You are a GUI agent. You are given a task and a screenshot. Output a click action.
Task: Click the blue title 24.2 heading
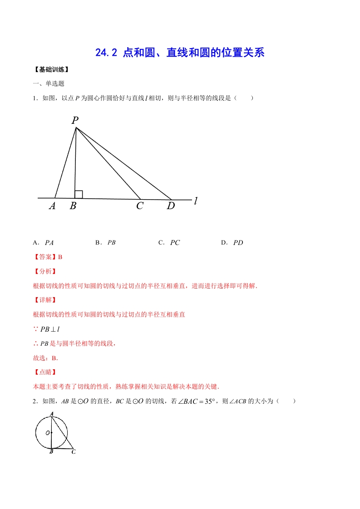pyautogui.click(x=180, y=53)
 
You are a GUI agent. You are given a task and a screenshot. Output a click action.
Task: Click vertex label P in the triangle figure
pyautogui.click(x=75, y=120)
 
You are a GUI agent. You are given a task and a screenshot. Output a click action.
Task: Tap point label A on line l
pyautogui.click(x=52, y=206)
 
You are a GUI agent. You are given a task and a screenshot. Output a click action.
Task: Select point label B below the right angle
pyautogui.click(x=73, y=206)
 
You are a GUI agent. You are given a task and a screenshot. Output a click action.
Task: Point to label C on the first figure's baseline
pyautogui.click(x=139, y=206)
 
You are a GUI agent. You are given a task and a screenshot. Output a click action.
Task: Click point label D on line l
pyautogui.click(x=171, y=206)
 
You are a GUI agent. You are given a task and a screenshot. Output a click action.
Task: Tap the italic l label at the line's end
pyautogui.click(x=196, y=201)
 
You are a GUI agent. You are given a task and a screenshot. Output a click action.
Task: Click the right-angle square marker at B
pyautogui.click(x=79, y=195)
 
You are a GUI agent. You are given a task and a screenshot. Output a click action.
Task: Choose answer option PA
pyautogui.click(x=49, y=243)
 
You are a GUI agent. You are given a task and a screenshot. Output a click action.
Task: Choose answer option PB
pyautogui.click(x=111, y=243)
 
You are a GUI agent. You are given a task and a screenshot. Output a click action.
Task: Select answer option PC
pyautogui.click(x=175, y=243)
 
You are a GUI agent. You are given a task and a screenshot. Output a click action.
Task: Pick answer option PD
pyautogui.click(x=238, y=243)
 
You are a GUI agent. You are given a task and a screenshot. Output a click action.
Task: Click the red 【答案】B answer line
pyautogui.click(x=48, y=257)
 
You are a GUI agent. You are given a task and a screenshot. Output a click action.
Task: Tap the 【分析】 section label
pyautogui.click(x=45, y=271)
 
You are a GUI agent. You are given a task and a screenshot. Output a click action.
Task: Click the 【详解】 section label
pyautogui.click(x=45, y=300)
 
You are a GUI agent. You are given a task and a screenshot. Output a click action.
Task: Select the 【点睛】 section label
pyautogui.click(x=45, y=372)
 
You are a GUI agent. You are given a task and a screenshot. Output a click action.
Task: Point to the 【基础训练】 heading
pyautogui.click(x=51, y=70)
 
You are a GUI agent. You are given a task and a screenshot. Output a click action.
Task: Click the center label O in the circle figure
pyautogui.click(x=47, y=433)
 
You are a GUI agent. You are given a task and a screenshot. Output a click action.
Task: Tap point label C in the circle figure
pyautogui.click(x=74, y=452)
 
